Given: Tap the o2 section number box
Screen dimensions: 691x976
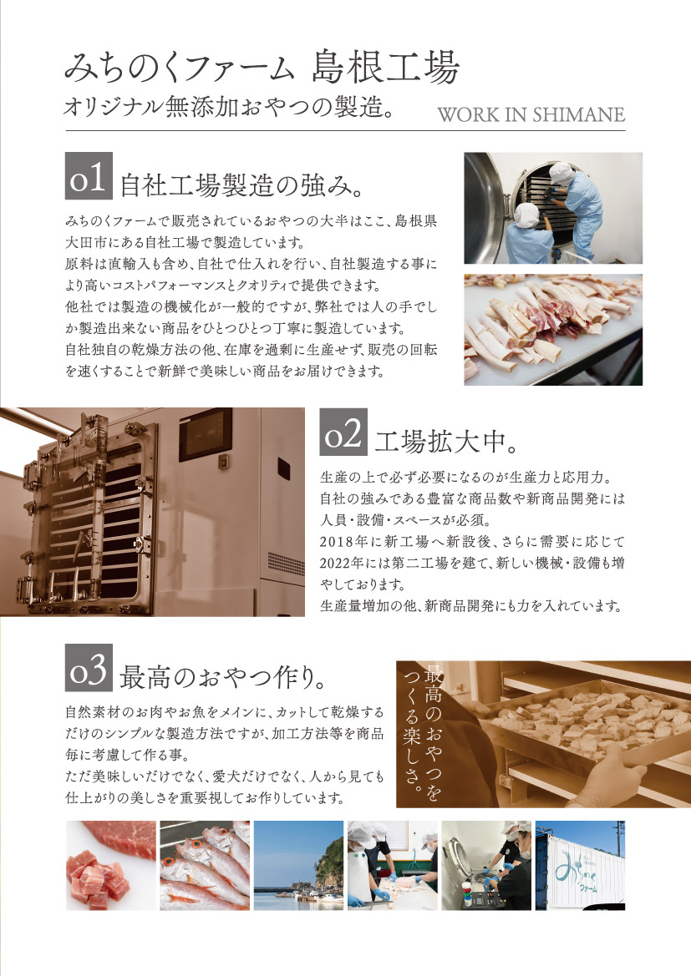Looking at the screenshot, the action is click(343, 432).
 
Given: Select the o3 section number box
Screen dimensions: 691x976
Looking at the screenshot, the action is click(89, 667).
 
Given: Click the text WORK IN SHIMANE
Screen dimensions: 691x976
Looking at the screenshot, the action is click(531, 114).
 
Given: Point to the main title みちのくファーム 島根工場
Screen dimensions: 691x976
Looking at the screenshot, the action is click(262, 68).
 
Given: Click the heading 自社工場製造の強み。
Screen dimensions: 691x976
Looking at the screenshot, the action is click(241, 185).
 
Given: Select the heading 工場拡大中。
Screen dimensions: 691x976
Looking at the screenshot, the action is click(446, 442).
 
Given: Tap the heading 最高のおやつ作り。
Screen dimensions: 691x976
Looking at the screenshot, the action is click(222, 676).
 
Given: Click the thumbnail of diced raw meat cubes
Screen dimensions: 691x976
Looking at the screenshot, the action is click(111, 865).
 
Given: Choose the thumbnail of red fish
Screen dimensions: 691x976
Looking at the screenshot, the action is click(205, 865).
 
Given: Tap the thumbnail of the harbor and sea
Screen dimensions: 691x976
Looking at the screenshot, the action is click(298, 865).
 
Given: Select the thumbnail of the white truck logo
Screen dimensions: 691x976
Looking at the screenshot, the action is click(580, 865).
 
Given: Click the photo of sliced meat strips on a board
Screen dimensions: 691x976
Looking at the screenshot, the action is click(553, 330).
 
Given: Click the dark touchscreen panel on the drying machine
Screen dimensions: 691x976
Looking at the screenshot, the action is click(206, 434).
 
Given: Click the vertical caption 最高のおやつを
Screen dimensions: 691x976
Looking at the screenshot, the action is click(434, 734).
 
